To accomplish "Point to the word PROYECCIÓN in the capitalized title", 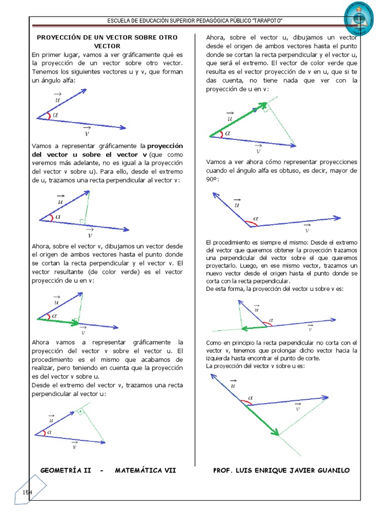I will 59,38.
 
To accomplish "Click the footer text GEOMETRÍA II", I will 66,470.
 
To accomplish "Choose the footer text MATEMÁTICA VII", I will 145,470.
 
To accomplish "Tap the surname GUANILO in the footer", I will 331,470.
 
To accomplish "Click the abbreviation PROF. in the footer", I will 223,470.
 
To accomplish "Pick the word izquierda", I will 220,358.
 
